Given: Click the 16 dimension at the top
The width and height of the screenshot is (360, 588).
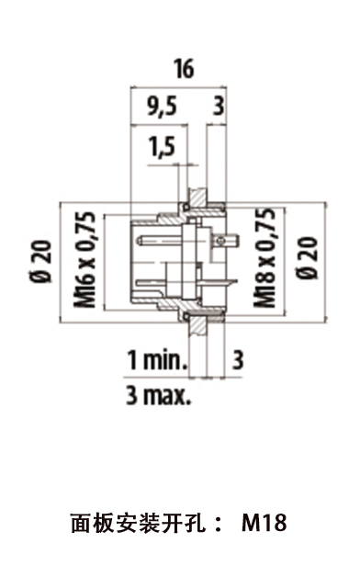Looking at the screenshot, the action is point(184,69).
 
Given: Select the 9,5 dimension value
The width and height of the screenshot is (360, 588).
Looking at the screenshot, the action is point(162,107).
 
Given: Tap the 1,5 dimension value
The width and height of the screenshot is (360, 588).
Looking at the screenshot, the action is point(162,146).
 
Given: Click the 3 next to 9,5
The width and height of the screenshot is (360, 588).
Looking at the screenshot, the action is point(219,107).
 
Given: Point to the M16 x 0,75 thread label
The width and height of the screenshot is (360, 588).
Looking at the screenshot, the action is point(84,259).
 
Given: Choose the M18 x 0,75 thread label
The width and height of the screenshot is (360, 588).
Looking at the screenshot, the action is point(265,258).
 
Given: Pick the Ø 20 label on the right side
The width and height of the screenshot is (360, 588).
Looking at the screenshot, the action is point(309,258).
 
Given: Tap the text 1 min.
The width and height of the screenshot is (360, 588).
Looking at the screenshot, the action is point(157,359).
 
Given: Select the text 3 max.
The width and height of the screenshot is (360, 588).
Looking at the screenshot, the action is point(158,395).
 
